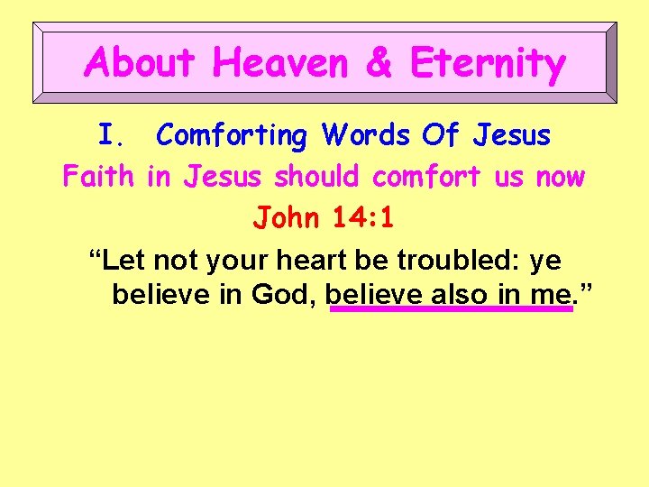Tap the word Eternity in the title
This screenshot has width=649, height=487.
[488, 64]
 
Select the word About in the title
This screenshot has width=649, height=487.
[140, 64]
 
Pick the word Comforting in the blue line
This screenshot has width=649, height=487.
[232, 136]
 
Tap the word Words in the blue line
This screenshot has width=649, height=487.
[368, 136]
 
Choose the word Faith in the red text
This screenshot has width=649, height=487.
[99, 177]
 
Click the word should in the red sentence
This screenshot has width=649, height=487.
[316, 177]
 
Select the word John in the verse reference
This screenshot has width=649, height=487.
[285, 217]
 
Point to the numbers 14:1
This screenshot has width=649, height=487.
[361, 217]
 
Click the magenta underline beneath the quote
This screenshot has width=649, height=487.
[451, 309]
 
